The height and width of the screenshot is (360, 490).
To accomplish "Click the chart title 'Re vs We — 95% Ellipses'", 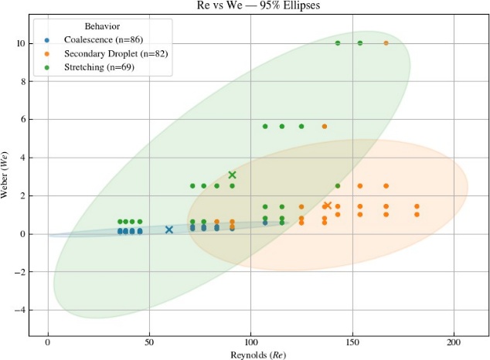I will pyautogui.click(x=256, y=6).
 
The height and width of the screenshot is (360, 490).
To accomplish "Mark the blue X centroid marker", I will pyautogui.click(x=169, y=229).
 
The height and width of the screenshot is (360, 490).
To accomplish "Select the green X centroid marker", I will pyautogui.click(x=232, y=175).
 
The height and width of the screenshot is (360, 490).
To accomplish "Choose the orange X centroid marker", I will pyautogui.click(x=327, y=205).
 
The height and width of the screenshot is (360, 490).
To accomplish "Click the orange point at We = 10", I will pyautogui.click(x=386, y=43).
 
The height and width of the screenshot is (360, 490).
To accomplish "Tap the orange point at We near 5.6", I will pyautogui.click(x=325, y=127).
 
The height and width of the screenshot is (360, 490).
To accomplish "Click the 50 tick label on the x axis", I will pyautogui.click(x=149, y=341).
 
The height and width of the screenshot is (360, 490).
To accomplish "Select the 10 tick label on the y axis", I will pyautogui.click(x=19, y=43).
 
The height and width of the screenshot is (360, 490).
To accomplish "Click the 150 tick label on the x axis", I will pyautogui.click(x=352, y=341).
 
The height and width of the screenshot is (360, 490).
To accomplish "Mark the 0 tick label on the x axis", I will pyautogui.click(x=48, y=341).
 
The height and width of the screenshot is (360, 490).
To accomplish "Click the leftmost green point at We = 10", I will pyautogui.click(x=338, y=43).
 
